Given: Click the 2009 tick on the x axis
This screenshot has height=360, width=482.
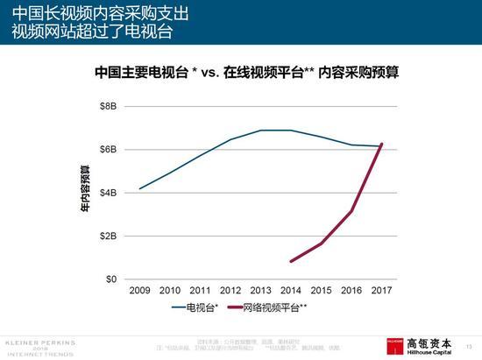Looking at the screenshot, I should coord(139,291).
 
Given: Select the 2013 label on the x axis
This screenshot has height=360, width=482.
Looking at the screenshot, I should coord(259,291).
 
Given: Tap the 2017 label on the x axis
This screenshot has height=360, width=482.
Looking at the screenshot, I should coord(381,291).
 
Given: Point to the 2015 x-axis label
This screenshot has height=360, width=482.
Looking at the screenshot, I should coord(321,291).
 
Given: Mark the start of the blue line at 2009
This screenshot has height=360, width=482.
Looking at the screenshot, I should coord(139,189).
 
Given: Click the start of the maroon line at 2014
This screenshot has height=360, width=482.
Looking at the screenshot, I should coord(290,261).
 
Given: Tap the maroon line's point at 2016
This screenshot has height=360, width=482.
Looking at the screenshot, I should coord(351,211).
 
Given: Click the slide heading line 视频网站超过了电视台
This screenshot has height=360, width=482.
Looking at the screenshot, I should coord(92,33).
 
